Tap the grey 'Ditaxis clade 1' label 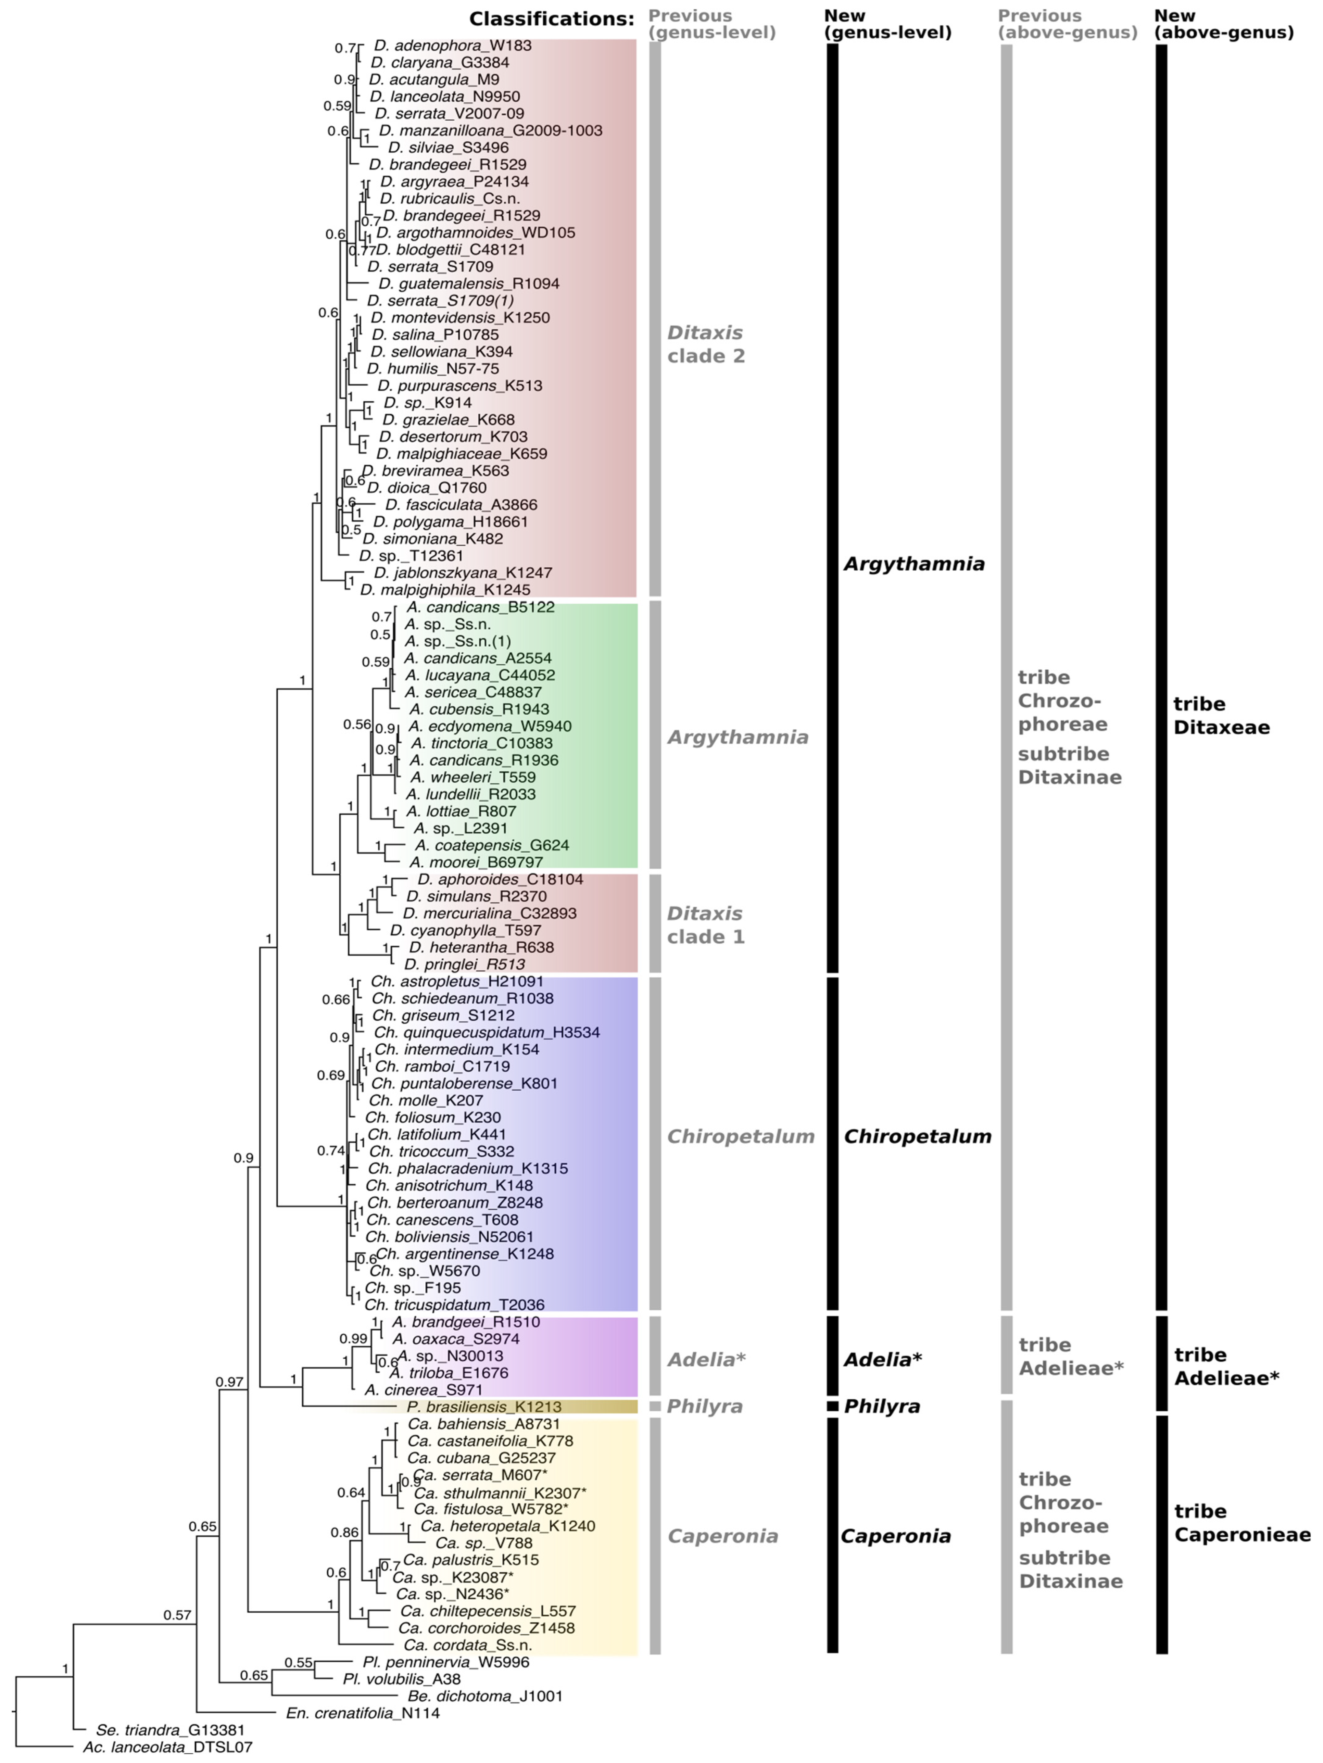pyautogui.click(x=705, y=924)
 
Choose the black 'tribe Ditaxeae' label pyautogui.click(x=1221, y=715)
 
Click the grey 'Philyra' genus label pyautogui.click(x=705, y=1407)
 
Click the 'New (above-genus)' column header pyautogui.click(x=1223, y=24)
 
